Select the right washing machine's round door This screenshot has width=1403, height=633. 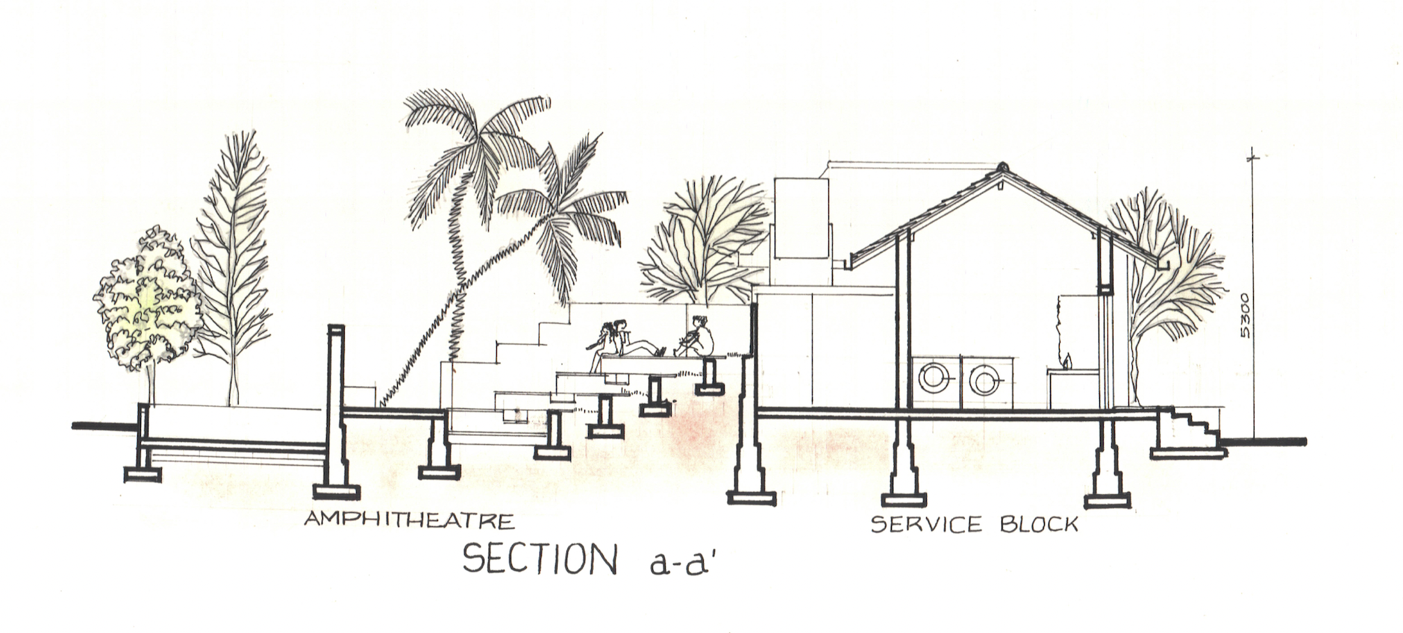984,378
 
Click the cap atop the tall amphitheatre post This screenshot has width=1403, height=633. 337,329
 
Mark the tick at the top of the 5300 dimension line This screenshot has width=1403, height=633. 1254,158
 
